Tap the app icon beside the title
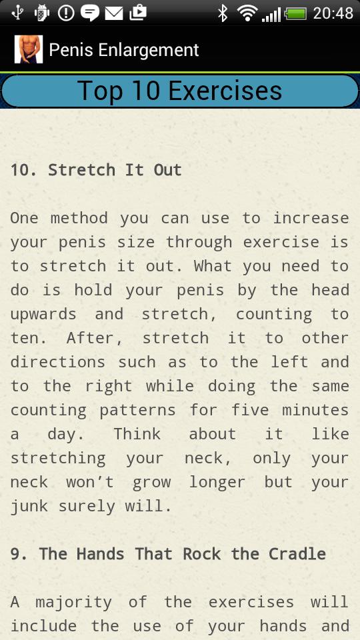coord(29,49)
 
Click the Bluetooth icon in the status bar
coord(223,13)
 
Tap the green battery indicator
coord(295,14)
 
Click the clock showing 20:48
coord(333,13)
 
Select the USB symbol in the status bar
coord(17,13)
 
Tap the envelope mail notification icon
coord(114,13)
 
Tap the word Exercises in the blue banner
coord(225,90)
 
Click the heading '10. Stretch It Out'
coord(96,170)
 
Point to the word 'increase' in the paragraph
coord(311,217)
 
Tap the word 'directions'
coord(57,361)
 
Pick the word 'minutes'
coord(315,410)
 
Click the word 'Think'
coord(137,433)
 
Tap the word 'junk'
coord(29,506)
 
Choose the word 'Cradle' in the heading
coord(297,554)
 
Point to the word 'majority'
coord(73,603)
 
